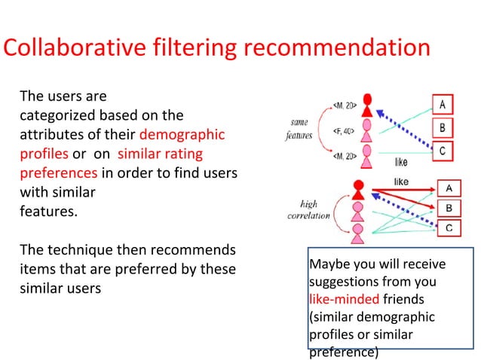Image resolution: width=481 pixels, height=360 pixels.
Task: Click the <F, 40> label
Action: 344,131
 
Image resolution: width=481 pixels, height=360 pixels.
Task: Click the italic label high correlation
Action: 309,209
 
